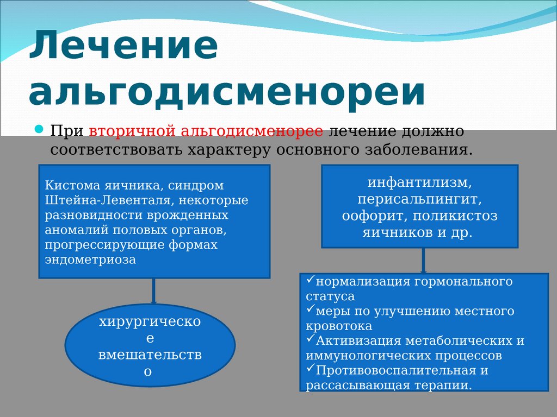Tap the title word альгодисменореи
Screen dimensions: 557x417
227,93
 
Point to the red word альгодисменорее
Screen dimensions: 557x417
252,131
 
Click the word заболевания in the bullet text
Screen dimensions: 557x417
419,150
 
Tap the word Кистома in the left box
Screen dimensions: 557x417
73,185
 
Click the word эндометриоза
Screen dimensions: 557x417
90,260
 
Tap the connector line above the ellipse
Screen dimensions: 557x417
153,291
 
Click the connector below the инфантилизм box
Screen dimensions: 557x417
423,261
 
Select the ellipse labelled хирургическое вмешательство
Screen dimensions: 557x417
150,345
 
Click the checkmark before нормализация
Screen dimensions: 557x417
310,280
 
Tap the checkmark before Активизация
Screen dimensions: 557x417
310,339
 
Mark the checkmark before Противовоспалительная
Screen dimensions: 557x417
310,369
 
